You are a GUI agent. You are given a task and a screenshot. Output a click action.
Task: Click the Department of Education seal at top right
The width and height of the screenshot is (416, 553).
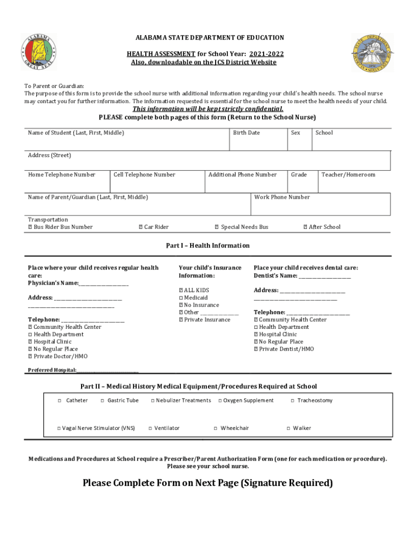[372, 53]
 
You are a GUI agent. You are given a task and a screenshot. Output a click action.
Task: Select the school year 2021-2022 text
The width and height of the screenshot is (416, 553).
[266, 54]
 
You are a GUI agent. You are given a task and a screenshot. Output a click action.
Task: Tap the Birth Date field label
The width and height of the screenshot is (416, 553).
[246, 133]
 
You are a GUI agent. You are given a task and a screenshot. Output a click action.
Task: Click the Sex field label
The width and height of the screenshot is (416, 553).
[296, 133]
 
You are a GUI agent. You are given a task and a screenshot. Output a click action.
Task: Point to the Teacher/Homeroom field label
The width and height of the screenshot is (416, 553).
[348, 174]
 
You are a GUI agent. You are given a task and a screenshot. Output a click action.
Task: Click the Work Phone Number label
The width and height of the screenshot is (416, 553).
[282, 197]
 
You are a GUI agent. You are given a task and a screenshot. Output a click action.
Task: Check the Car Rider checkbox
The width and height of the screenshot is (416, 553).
[140, 227]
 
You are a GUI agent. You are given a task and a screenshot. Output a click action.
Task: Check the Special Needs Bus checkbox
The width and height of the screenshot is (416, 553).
[217, 227]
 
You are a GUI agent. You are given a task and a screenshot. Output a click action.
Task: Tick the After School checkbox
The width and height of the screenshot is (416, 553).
[305, 227]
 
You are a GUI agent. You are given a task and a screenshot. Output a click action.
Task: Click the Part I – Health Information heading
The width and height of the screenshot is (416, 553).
[207, 246]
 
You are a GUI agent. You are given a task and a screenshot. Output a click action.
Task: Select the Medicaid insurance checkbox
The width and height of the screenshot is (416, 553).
[181, 298]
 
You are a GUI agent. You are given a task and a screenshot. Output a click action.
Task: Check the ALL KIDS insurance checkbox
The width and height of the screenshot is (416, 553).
[181, 291]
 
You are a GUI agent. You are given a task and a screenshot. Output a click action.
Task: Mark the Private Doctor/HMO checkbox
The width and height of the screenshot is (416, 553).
[30, 356]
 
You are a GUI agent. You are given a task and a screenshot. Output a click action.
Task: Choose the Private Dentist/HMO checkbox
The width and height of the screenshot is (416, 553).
[256, 349]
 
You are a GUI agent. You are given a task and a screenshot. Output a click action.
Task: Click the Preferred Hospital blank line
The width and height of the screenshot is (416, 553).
[108, 370]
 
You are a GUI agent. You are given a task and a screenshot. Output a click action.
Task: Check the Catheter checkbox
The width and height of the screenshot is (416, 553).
[59, 401]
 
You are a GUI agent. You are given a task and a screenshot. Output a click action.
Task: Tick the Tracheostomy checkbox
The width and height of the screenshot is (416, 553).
[292, 401]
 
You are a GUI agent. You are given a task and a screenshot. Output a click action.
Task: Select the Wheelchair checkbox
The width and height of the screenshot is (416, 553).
[216, 428]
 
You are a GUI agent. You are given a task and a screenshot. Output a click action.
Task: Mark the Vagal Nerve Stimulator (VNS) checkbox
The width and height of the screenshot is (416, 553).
[59, 428]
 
